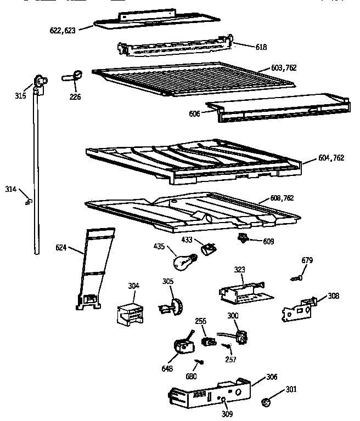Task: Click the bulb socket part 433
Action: click(207, 250)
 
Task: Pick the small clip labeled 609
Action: click(242, 238)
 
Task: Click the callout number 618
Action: click(261, 47)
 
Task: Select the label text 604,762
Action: click(331, 158)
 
